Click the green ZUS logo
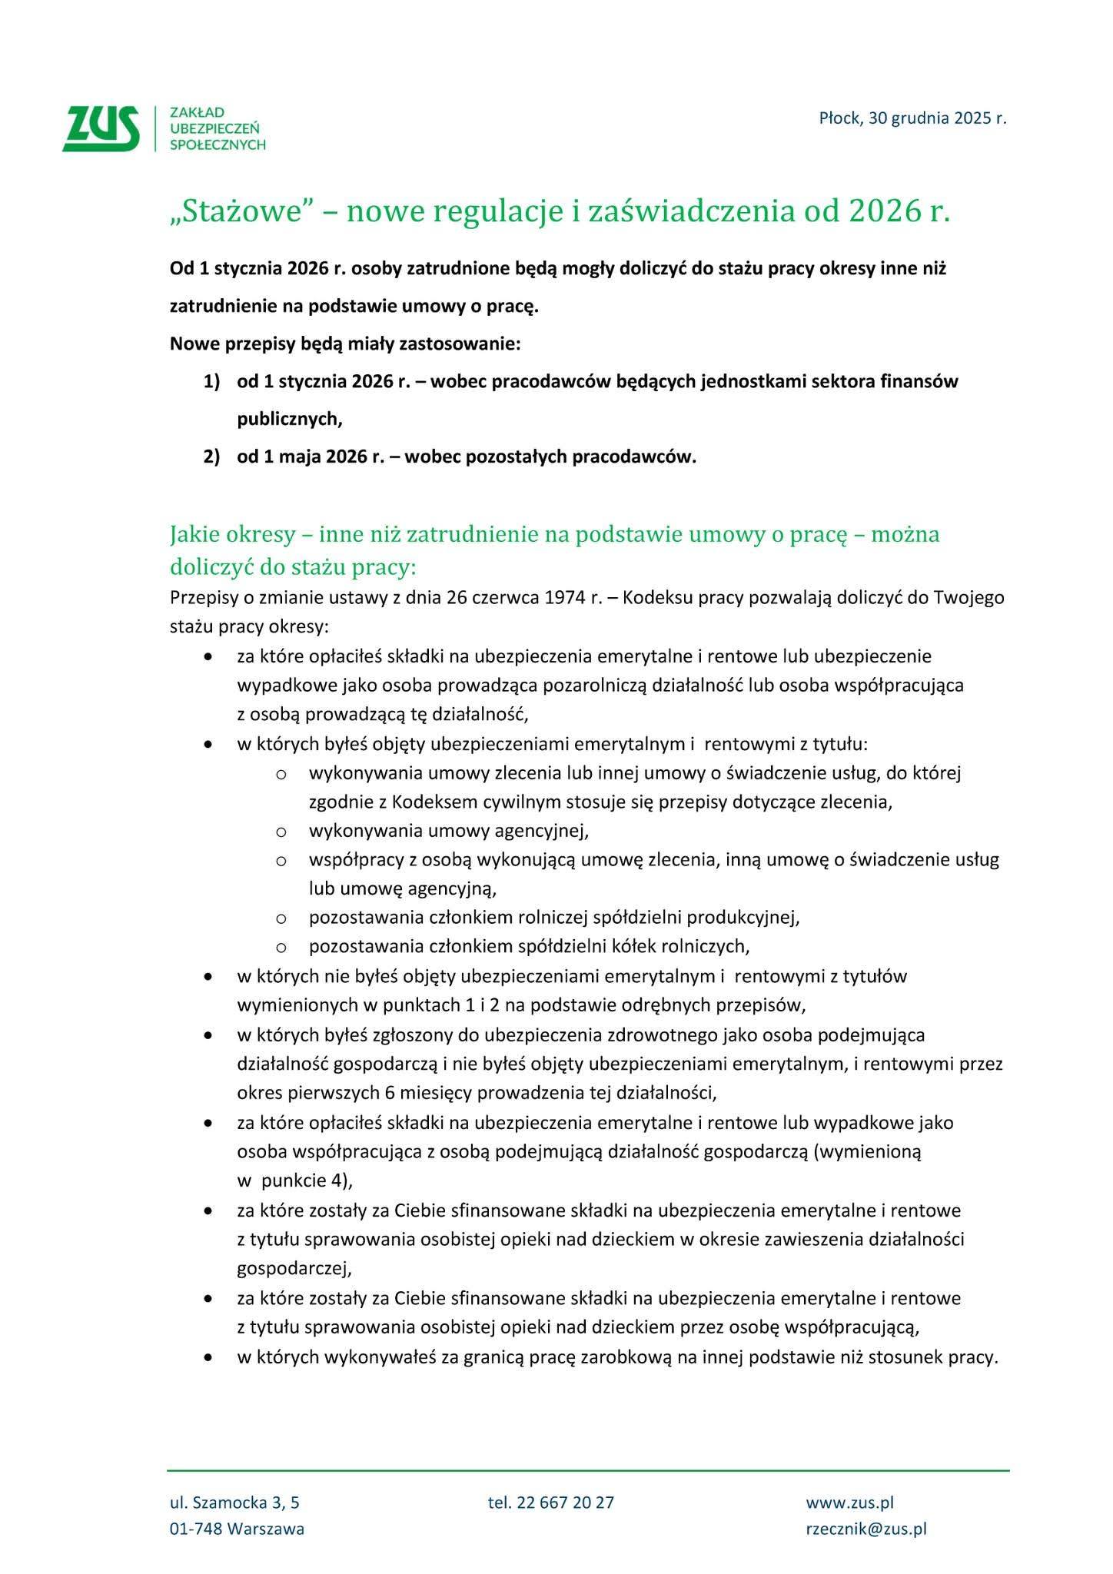102,128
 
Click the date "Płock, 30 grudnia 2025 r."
912,118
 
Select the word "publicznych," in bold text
289,419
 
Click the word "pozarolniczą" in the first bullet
583,685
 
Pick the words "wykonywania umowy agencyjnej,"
449,831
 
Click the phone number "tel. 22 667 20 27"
550,1503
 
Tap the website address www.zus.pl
849,1503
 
